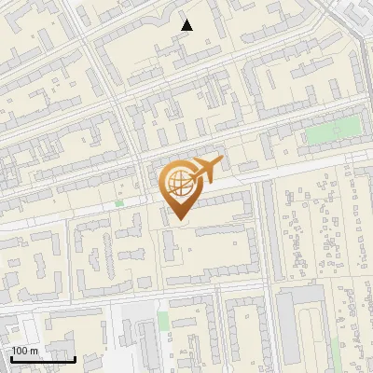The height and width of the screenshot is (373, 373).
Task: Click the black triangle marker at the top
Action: point(186,25)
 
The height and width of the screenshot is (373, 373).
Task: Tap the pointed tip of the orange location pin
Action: point(179,220)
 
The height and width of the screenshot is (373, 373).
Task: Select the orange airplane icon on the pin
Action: point(205,171)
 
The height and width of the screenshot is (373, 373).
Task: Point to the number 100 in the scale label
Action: point(21,351)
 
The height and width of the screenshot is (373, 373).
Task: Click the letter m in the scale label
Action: point(34,351)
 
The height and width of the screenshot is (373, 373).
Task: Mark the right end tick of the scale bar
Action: point(75,357)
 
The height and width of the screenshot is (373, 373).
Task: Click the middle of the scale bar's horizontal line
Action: point(42,360)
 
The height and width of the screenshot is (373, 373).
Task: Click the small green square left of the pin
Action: point(118,203)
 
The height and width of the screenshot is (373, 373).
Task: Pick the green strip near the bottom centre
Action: point(163,322)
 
